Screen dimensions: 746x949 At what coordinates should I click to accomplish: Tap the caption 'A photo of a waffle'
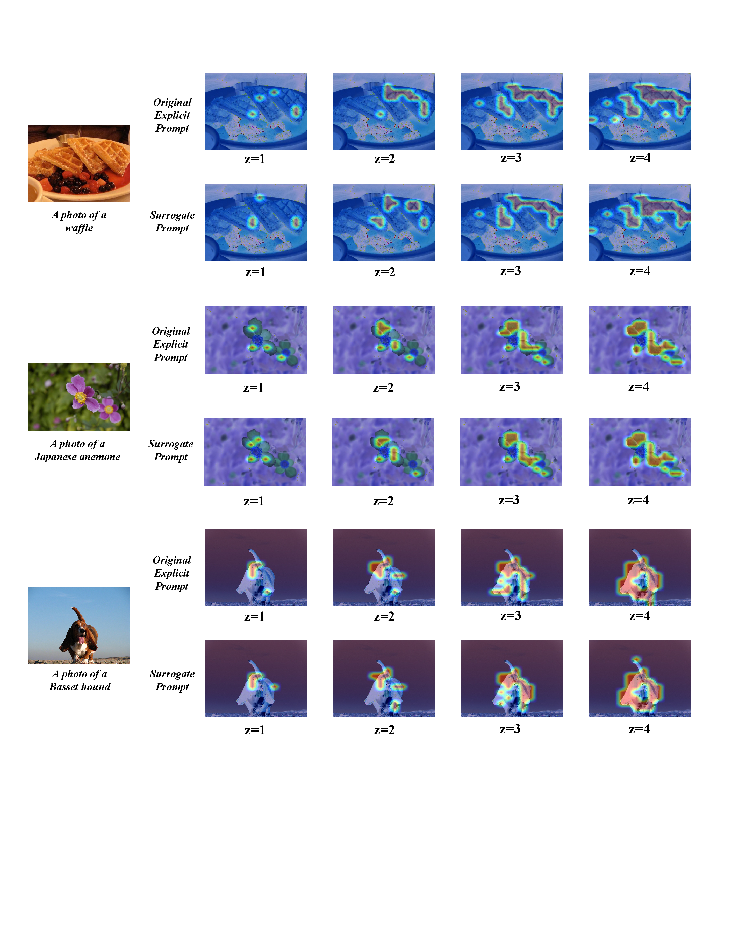(79, 221)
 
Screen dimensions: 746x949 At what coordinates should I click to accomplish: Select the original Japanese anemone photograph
(79, 397)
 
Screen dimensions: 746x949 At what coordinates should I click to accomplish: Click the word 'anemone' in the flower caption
(101, 457)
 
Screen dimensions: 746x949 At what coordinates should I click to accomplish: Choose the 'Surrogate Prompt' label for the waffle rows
(172, 221)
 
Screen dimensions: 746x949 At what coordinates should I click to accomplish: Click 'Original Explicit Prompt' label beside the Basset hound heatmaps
(172, 573)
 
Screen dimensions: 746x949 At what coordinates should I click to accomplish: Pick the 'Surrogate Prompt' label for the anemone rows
(171, 450)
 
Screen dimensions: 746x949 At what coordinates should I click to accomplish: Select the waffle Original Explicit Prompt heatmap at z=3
(512, 111)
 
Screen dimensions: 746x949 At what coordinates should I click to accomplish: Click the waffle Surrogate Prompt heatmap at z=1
(256, 222)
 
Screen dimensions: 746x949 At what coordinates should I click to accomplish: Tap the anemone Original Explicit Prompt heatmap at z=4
(640, 340)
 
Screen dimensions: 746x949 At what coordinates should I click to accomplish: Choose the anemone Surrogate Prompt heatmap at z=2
(383, 452)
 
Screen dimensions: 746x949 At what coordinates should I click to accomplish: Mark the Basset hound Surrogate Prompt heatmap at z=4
(640, 678)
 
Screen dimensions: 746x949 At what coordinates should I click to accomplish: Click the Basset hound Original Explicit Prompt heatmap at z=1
(256, 567)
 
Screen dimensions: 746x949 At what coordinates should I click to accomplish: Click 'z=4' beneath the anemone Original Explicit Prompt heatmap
(639, 387)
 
